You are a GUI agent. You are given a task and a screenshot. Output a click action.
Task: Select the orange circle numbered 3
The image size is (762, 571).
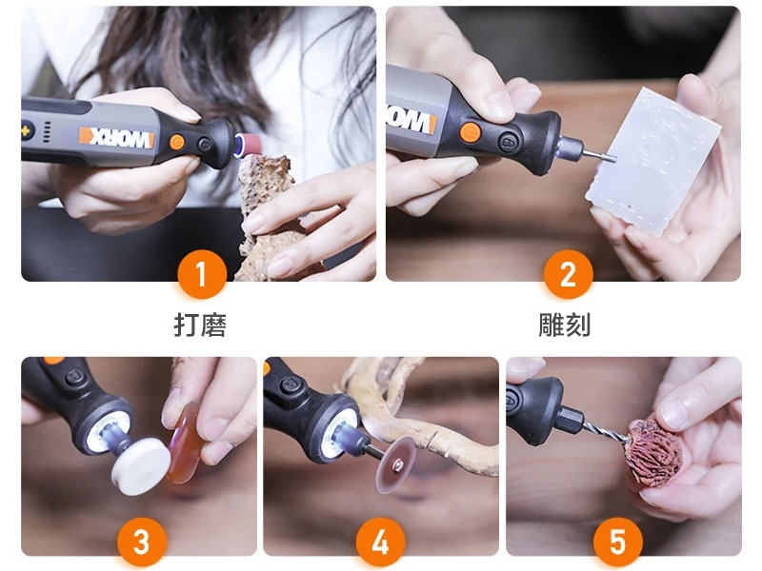[141, 542]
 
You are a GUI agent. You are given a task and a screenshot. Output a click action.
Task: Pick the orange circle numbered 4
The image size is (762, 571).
[380, 542]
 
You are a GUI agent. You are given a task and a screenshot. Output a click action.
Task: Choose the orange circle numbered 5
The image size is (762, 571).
[617, 542]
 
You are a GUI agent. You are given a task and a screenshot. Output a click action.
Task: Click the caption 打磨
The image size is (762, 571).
[200, 325]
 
